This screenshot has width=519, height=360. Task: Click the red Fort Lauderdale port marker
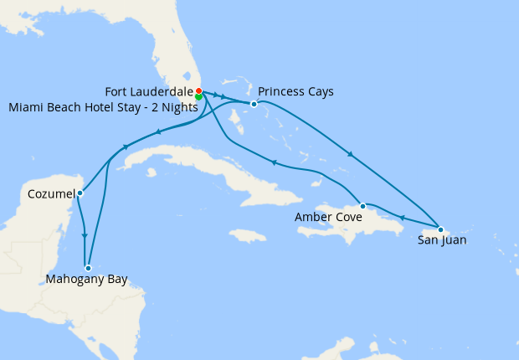tap(198, 90)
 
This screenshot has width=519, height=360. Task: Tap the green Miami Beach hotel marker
tap(198, 97)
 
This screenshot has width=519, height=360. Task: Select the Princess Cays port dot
tap(254, 104)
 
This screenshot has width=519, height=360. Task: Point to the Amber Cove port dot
tap(362, 205)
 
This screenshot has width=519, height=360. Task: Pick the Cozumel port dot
tap(80, 193)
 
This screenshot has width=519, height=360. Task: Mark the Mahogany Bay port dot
tap(88, 268)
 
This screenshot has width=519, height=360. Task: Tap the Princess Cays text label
tap(295, 91)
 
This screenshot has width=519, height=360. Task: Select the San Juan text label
tap(442, 241)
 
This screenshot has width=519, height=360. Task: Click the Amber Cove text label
tap(328, 218)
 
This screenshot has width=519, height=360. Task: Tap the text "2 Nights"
tap(173, 107)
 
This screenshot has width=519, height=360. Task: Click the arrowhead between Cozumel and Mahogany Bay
tap(85, 236)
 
